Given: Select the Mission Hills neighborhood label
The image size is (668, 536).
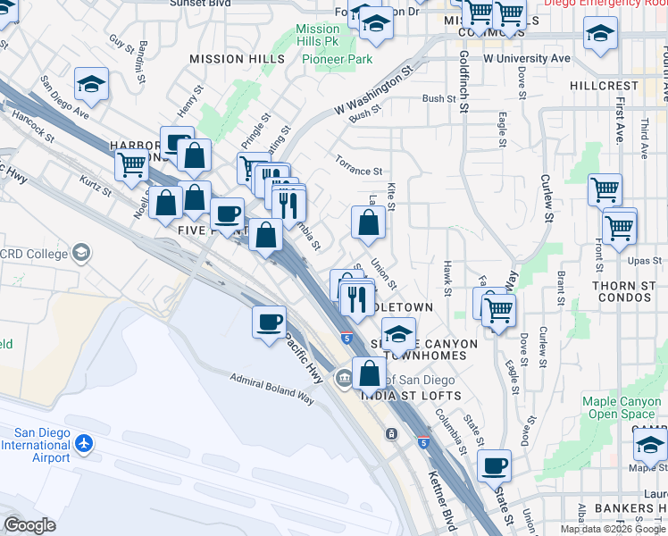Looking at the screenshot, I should pos(237,59).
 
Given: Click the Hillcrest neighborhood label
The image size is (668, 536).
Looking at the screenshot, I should pos(605,86).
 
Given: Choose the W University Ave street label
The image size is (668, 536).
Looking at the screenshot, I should pos(526,58).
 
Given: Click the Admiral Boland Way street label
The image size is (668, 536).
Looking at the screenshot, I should pos(272,389).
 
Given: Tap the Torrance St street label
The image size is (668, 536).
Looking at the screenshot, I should pos(358,165).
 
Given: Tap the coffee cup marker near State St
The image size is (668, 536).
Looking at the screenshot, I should pos(494,465).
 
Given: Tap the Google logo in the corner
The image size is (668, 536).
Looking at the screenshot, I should pos(29,525).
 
